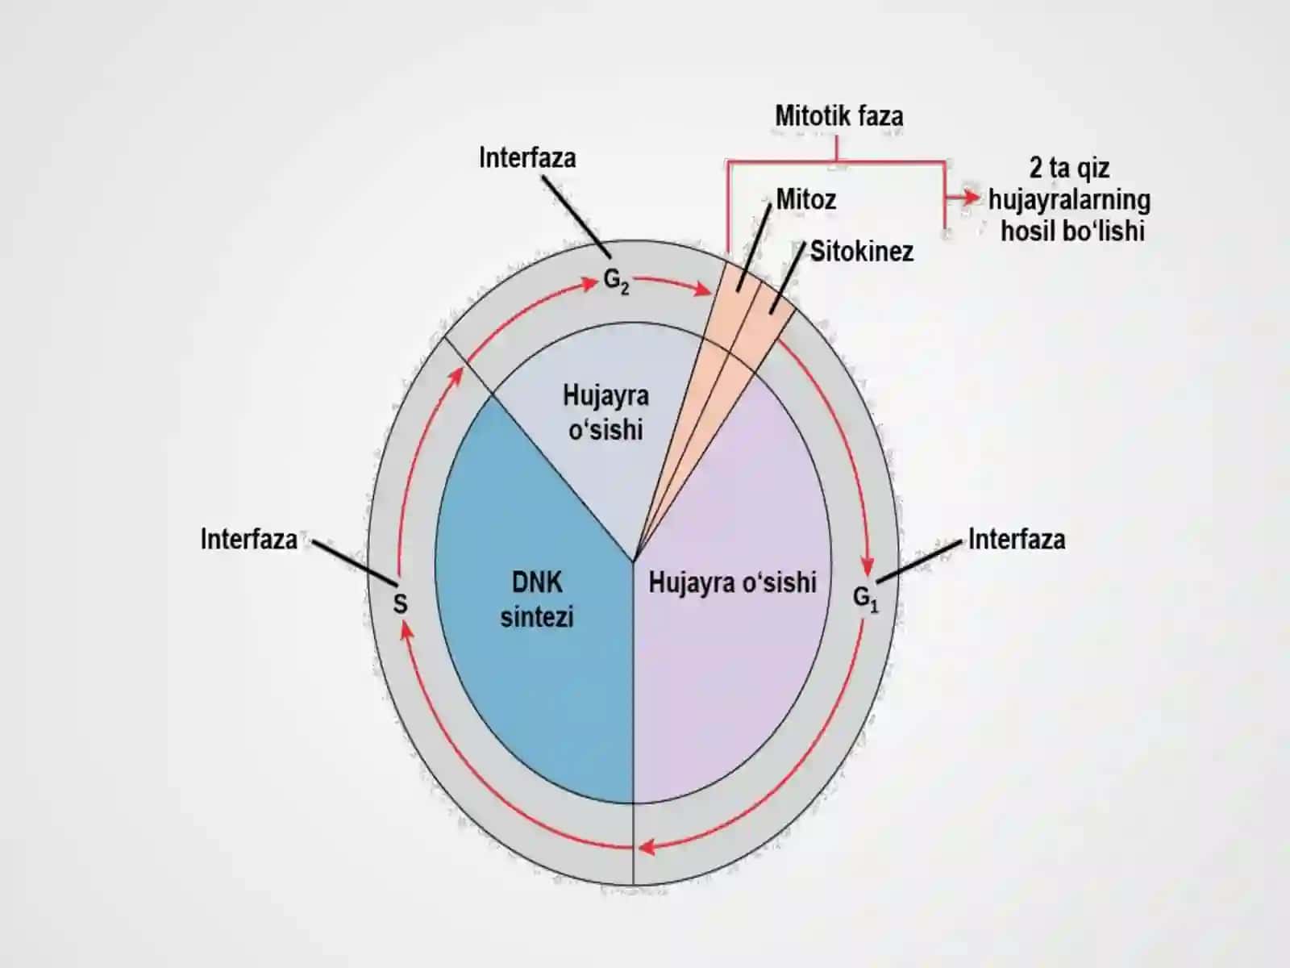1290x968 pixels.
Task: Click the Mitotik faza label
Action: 838,116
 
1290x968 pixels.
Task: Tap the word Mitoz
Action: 805,200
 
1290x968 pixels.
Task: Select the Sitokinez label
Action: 862,252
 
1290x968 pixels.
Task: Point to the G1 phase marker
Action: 866,599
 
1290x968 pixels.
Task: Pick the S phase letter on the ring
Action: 400,604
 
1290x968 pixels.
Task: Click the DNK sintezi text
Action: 537,600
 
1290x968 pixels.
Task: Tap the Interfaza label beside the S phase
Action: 249,540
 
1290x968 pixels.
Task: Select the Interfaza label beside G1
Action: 1017,540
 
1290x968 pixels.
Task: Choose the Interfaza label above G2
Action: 527,158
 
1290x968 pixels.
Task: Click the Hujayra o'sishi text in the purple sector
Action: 732,583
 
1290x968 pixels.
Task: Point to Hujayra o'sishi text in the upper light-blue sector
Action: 606,412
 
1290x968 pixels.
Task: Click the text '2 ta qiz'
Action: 1070,169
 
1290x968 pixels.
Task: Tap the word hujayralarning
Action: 1070,200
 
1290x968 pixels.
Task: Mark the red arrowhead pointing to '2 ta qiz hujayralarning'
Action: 972,198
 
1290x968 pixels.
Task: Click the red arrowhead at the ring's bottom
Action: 647,848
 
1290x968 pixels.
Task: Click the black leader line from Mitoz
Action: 755,246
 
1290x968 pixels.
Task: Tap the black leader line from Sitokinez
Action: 788,278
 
